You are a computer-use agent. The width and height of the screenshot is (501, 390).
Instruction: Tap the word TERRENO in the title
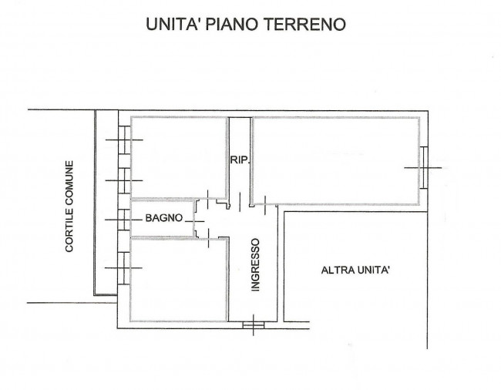306,24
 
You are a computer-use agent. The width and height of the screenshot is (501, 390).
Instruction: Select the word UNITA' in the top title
173,24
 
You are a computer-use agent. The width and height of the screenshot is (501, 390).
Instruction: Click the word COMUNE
69,182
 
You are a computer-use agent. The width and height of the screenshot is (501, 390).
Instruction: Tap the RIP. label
240,160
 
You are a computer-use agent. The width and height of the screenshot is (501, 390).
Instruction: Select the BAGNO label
164,218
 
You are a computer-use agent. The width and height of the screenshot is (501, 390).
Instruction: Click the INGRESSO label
256,265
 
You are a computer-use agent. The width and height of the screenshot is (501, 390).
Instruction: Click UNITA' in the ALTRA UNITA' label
374,271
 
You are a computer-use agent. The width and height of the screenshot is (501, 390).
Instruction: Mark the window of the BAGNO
124,220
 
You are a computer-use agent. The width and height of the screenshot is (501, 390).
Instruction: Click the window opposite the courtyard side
424,168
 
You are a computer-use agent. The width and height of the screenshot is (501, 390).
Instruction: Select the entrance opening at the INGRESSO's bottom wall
254,324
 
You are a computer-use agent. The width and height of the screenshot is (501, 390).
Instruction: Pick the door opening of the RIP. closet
240,202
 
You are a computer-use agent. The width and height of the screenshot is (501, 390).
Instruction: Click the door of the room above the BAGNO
207,200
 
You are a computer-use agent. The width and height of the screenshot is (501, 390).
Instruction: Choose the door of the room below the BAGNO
208,237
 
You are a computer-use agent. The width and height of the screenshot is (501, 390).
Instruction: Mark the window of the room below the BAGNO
124,268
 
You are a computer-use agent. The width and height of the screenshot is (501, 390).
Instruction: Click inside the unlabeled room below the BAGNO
179,280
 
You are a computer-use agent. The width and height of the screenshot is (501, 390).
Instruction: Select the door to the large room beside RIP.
265,205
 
